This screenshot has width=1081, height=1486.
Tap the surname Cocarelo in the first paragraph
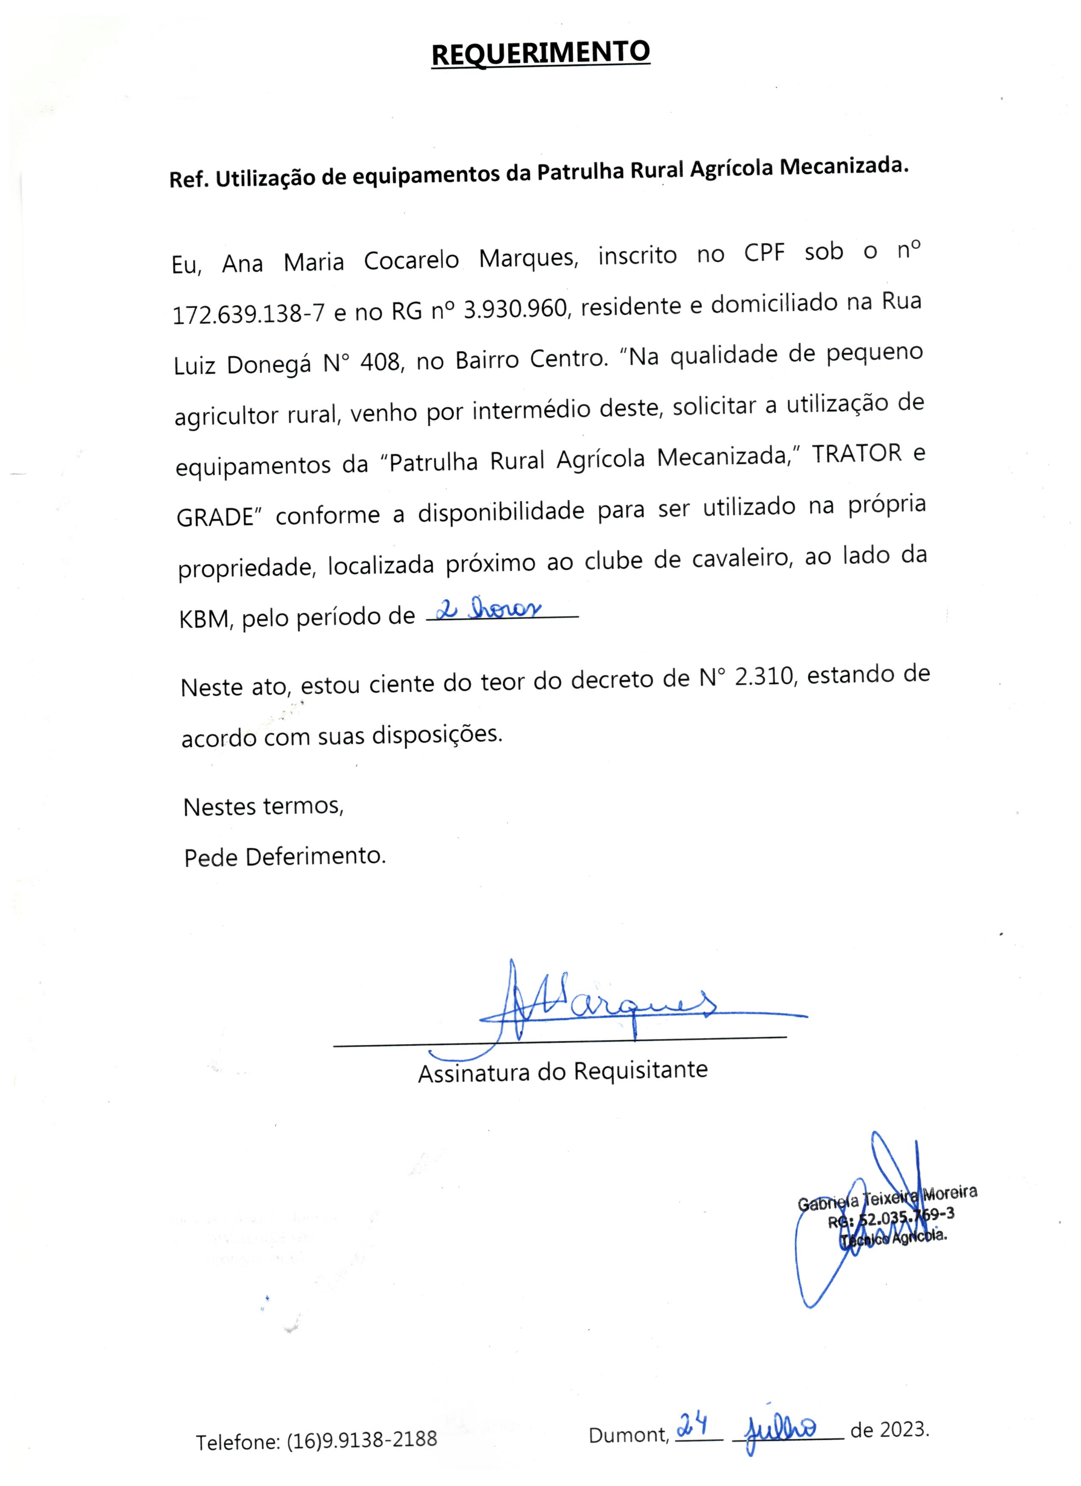click(412, 260)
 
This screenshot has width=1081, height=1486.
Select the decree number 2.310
click(764, 676)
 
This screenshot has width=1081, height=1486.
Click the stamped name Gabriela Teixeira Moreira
click(887, 1198)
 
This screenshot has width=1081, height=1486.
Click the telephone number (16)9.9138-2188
click(362, 1439)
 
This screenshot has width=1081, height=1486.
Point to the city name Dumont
click(628, 1435)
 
